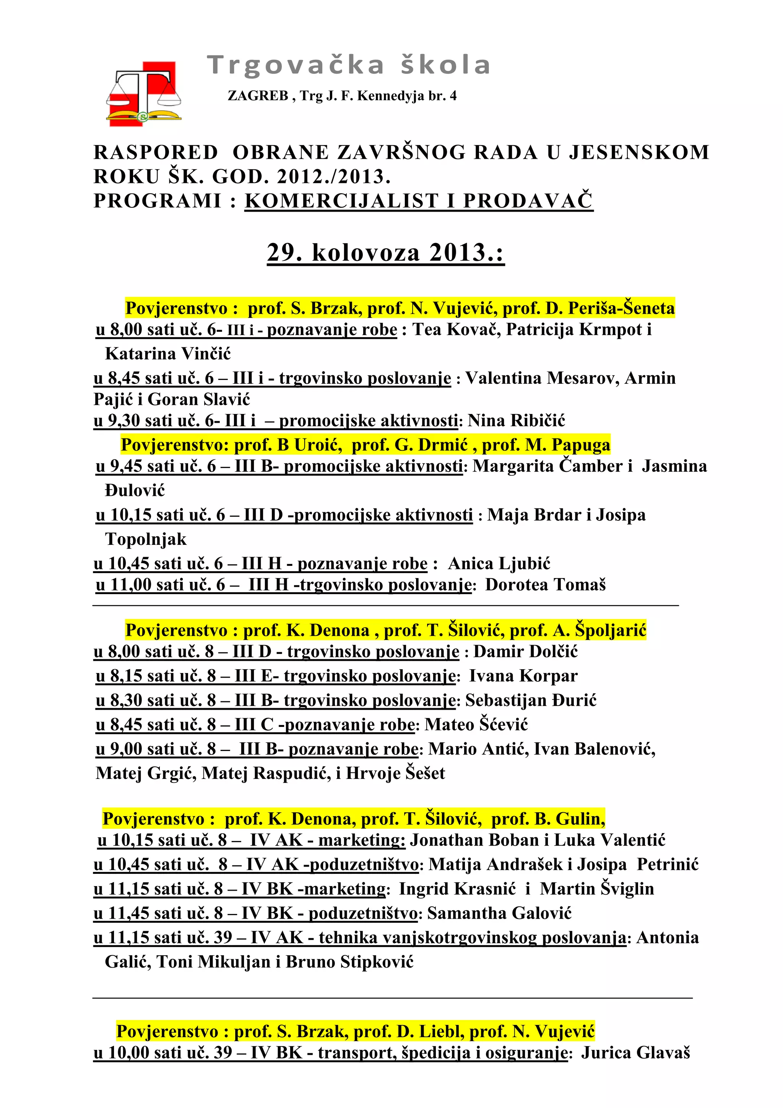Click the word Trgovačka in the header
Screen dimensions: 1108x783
296,65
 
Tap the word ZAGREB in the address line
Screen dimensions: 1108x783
258,96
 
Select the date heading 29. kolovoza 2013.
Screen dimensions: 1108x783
385,253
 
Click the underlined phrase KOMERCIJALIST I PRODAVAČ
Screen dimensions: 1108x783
419,201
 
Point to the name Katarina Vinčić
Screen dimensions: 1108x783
168,354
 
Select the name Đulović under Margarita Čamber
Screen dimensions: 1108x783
135,491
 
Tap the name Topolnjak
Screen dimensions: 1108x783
146,539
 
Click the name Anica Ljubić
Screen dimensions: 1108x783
499,563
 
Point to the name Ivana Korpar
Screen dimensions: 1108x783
523,676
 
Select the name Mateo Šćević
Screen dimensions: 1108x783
476,724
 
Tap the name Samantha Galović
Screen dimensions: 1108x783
499,913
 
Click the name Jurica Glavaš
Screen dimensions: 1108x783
635,1053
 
